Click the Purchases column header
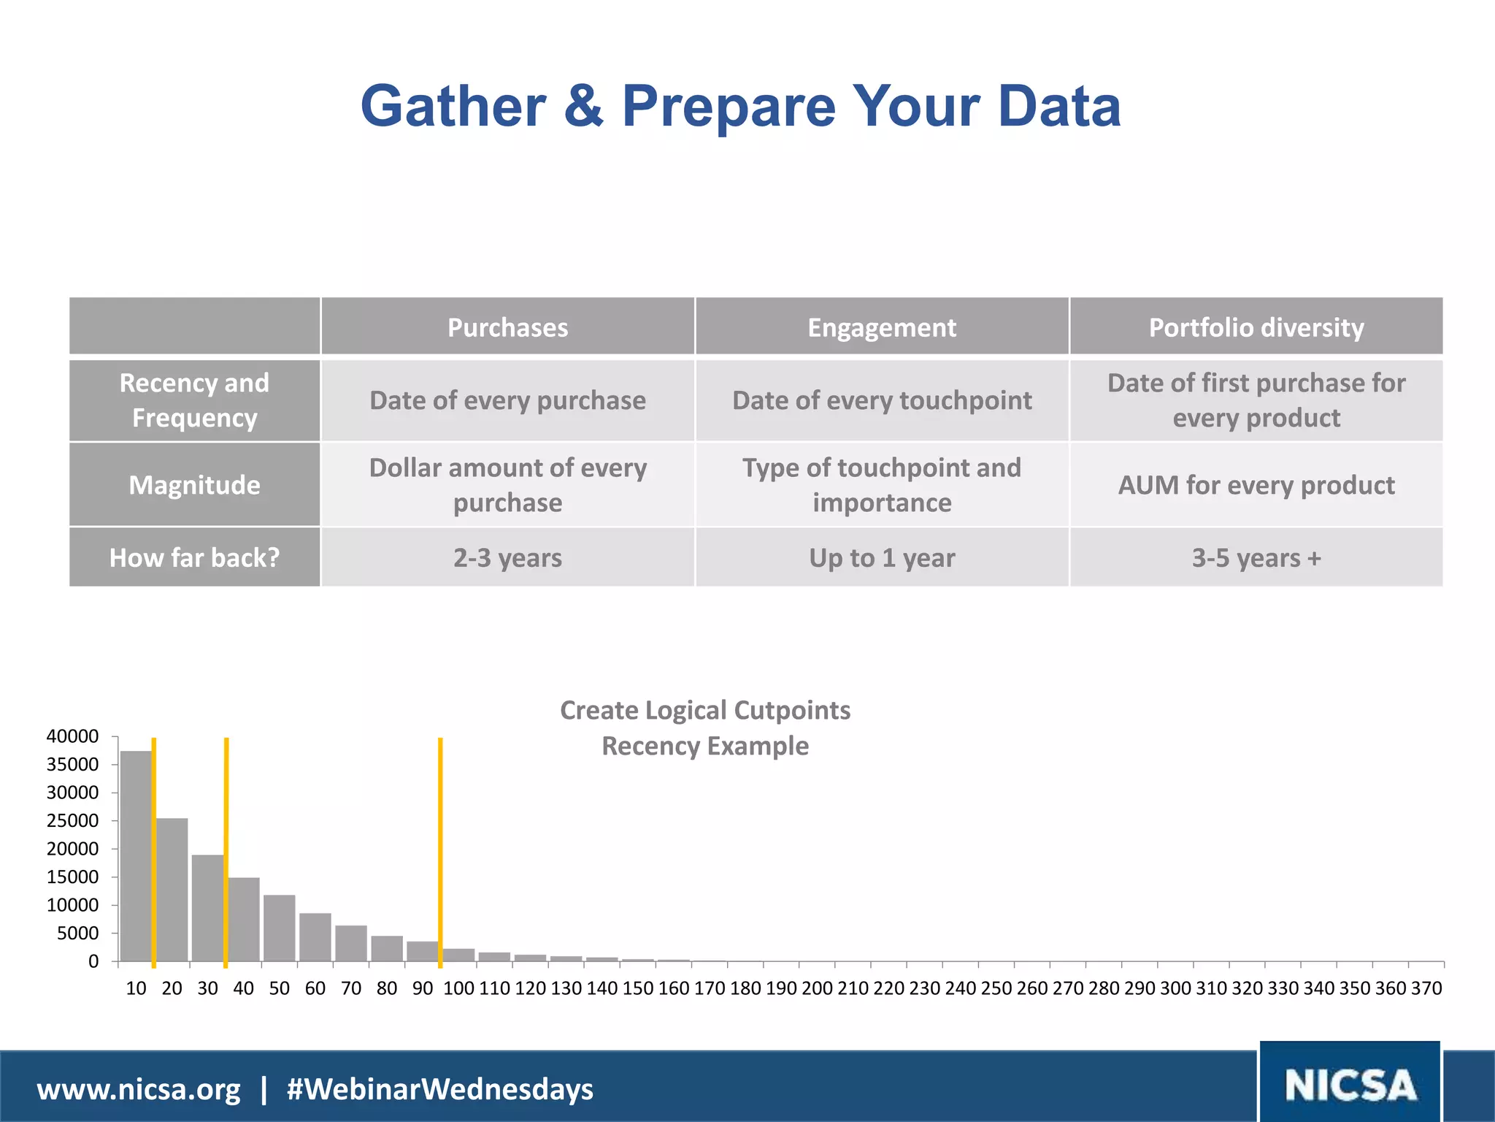[507, 327]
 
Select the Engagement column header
[882, 327]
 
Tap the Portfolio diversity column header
[1256, 327]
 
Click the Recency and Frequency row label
[194, 400]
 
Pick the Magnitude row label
[194, 485]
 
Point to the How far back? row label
[194, 557]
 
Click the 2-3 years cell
[507, 557]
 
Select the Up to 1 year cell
[882, 557]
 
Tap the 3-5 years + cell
[1256, 557]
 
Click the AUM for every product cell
[1256, 485]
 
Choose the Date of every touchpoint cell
[882, 400]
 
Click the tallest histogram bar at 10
[136, 855]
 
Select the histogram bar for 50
[280, 928]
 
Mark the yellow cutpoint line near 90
[440, 847]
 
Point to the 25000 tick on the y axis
[72, 820]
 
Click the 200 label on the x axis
[817, 988]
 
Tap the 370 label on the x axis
[1426, 988]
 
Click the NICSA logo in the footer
[1350, 1085]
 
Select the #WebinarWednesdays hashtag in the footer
[440, 1089]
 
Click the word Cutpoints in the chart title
[792, 710]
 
